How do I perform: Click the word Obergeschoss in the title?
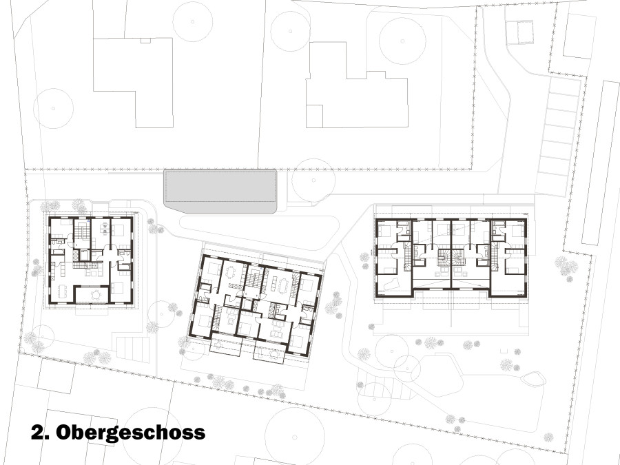(130, 433)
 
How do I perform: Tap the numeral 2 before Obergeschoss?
(37, 432)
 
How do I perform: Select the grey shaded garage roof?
(220, 191)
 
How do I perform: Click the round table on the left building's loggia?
(95, 295)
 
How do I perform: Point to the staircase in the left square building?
(82, 231)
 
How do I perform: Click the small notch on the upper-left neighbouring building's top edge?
(145, 41)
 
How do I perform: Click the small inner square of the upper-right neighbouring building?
(314, 116)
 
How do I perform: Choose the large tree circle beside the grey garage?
(313, 180)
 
